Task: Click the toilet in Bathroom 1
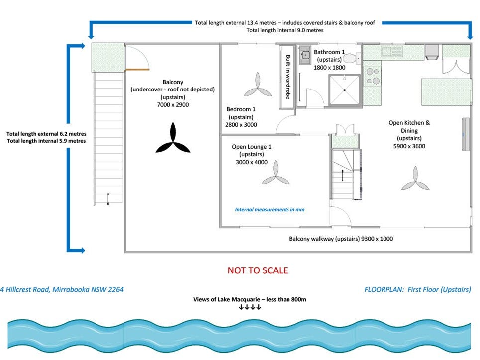(x=351, y=58)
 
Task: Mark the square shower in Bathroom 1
(x=344, y=90)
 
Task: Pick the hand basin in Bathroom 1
(x=305, y=54)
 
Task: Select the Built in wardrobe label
(x=288, y=77)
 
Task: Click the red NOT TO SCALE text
(x=258, y=270)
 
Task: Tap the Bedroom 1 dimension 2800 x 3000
(x=241, y=125)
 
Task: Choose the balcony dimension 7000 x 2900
(x=172, y=105)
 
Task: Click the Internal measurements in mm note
(x=270, y=209)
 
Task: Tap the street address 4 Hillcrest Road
(x=62, y=289)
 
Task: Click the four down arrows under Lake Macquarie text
(x=250, y=307)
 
